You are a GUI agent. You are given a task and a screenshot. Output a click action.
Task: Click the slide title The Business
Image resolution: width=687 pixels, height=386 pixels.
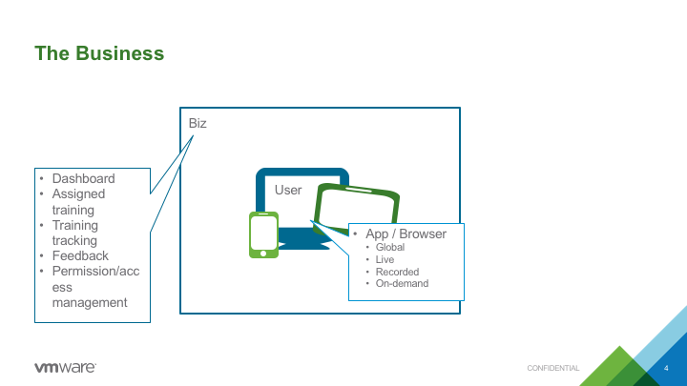coord(99,53)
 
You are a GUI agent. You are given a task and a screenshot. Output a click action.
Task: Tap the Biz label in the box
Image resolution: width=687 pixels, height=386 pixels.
coord(198,123)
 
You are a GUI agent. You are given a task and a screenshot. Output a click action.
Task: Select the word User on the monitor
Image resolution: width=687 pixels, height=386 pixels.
coord(288,190)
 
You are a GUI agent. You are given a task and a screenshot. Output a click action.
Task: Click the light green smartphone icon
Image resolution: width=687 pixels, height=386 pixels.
coord(263,235)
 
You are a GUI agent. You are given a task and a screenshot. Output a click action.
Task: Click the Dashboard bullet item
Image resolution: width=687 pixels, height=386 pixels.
coord(83,178)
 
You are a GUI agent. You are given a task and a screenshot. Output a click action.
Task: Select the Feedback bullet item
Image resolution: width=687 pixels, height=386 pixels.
coord(80,255)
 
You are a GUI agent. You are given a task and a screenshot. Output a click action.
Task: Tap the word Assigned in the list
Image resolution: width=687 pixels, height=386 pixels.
coord(78,193)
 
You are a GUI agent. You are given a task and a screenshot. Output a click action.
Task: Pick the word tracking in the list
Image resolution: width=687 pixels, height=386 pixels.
coord(74,241)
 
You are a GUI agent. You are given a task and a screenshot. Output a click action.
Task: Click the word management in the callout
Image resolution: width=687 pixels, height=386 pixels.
coord(90,302)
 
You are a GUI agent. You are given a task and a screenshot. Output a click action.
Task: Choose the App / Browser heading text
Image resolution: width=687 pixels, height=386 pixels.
coord(406,234)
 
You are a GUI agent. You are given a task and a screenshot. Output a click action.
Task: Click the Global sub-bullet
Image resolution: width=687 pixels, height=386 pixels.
coord(390,247)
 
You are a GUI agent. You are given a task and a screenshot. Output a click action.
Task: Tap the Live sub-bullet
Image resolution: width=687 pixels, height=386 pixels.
coord(385,259)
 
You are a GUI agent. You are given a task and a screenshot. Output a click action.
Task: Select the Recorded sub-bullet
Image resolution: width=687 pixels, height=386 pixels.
coord(397,272)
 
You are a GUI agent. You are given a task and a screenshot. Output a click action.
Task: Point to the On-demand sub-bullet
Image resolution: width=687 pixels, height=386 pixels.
coord(402,284)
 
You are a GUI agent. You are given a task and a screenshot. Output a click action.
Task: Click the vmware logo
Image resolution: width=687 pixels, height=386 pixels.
coord(65,368)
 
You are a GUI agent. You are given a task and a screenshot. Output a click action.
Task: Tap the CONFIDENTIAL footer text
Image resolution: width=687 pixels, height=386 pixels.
coord(552,368)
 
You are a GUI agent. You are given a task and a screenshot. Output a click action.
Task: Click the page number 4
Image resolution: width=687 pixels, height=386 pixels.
coord(666,368)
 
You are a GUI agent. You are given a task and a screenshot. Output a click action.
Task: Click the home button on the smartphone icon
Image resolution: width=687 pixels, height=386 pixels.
coord(263,254)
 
